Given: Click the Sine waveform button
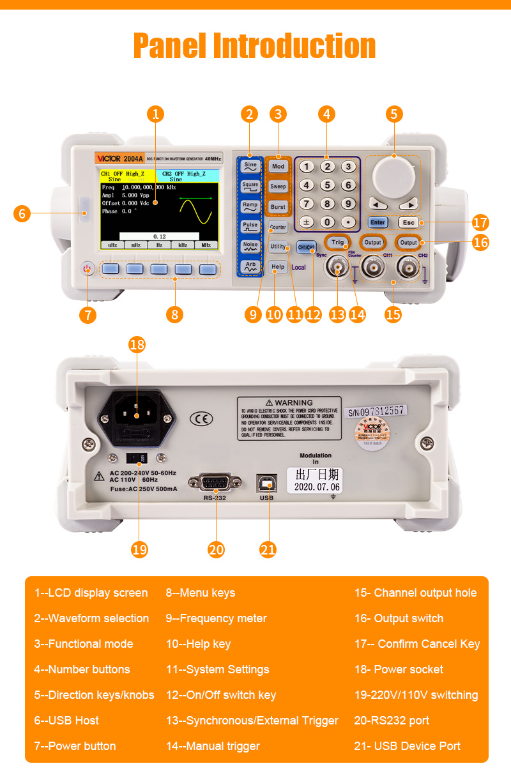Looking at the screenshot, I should pos(250,165).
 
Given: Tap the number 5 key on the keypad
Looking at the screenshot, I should pos(327,185).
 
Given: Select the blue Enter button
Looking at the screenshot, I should pos(378,222).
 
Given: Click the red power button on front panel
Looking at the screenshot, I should pos(88,269).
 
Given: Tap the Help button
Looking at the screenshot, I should pos(278,267).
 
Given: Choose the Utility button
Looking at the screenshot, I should pos(278,247).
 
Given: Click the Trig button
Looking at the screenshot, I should pos(337,243).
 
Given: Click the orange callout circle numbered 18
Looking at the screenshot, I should pos(137,344).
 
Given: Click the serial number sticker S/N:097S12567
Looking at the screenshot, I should pos(376,411).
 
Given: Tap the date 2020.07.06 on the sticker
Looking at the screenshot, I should pos(317,487).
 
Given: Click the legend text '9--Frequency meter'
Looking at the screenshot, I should pos(216,618).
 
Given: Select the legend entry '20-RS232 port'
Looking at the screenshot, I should pos(392,721).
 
